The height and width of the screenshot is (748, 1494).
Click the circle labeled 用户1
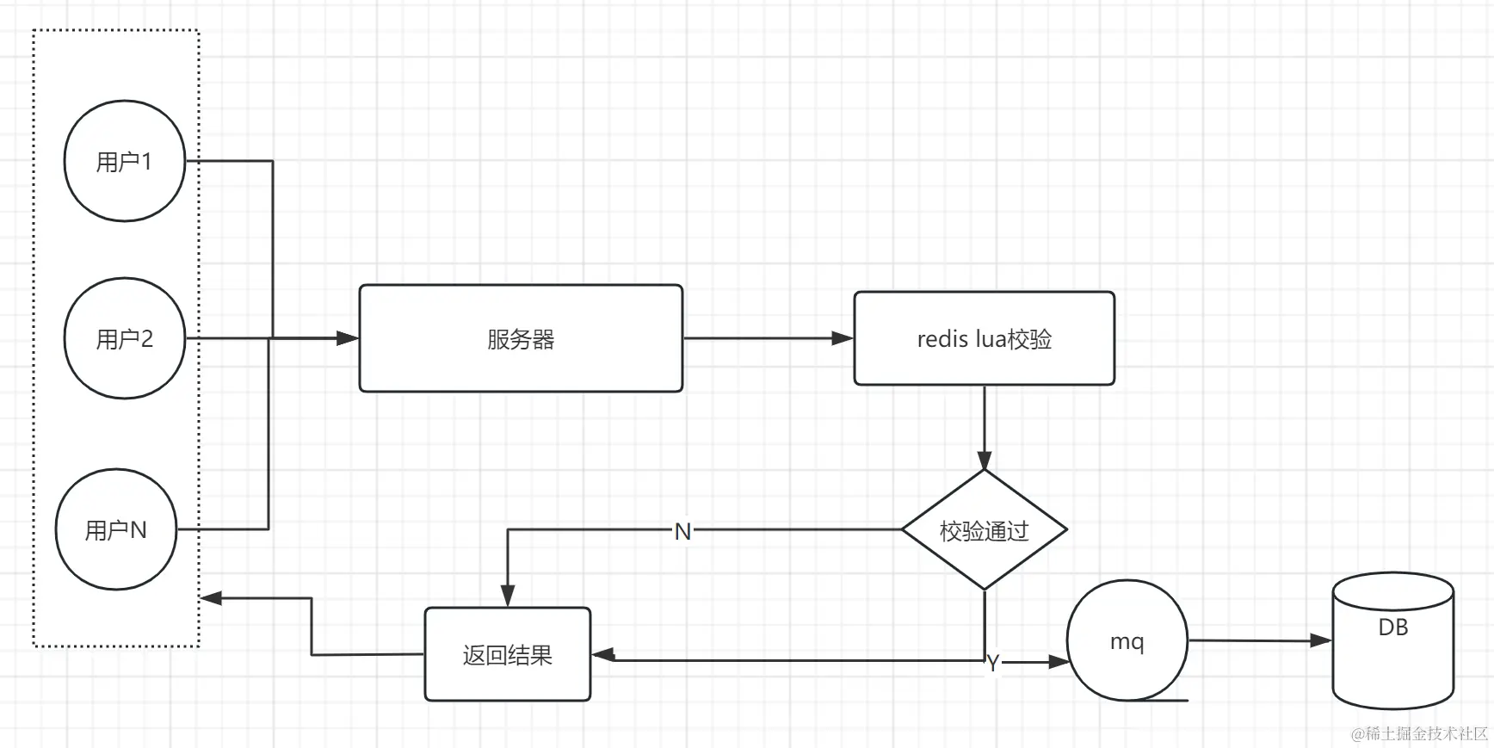click(125, 161)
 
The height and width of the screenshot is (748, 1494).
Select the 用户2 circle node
click(125, 338)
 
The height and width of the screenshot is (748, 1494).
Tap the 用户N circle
click(116, 529)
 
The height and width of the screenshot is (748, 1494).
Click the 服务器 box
click(521, 338)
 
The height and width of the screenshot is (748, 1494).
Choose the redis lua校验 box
click(984, 338)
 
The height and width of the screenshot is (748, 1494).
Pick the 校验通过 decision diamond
click(984, 530)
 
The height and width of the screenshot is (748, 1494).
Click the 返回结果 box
click(507, 655)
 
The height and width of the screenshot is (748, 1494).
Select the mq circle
click(1127, 641)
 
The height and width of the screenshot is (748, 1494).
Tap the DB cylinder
click(1392, 641)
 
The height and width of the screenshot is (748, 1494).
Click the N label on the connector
click(682, 531)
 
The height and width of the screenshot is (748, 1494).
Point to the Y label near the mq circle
click(993, 663)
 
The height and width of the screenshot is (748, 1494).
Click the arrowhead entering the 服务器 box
click(348, 338)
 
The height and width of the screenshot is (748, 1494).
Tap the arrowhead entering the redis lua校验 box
click(843, 338)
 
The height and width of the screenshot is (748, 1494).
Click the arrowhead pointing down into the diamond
click(984, 460)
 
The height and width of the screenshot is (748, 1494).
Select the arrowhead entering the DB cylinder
click(1321, 640)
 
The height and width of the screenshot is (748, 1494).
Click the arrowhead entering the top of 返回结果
click(508, 597)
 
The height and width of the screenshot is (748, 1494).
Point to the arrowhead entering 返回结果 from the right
click(603, 655)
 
